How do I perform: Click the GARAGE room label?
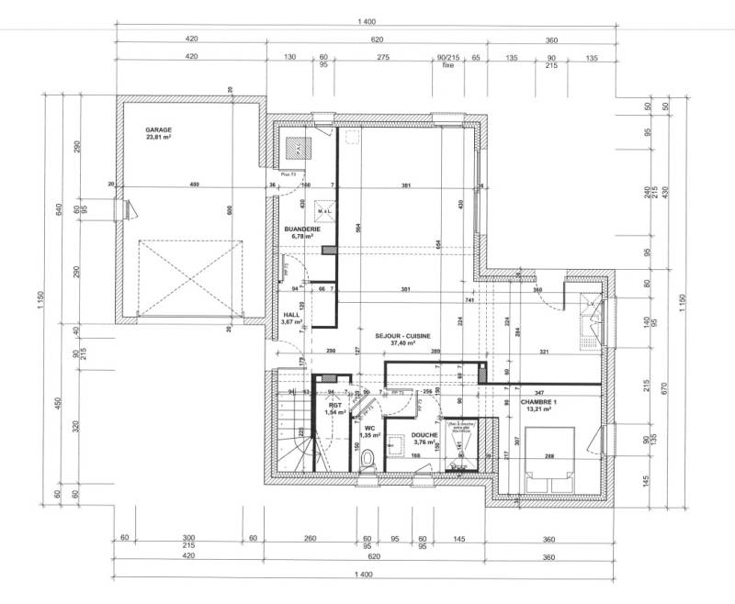coord(158,130)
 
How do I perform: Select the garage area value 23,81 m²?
coord(158,138)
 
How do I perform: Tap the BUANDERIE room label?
coord(300,229)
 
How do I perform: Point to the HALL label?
coord(292,314)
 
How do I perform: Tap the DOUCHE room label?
coord(424,436)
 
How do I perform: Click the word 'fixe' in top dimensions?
coord(448,66)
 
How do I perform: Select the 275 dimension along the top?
coord(384,57)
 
